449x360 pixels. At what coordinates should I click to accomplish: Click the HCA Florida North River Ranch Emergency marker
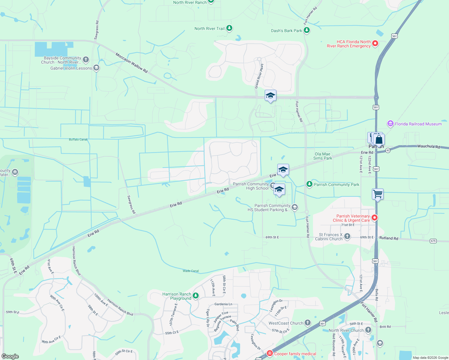(x=375, y=44)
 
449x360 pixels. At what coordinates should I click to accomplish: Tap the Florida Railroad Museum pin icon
(x=390, y=124)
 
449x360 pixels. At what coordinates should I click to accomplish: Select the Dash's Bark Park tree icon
(x=306, y=30)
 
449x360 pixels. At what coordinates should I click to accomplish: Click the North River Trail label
(x=209, y=28)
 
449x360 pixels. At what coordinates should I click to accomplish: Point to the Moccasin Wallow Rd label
(x=131, y=63)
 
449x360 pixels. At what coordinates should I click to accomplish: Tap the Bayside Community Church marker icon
(x=86, y=60)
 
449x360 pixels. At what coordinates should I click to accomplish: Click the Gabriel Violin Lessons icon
(x=96, y=68)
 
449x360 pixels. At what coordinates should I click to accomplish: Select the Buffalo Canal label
(x=78, y=139)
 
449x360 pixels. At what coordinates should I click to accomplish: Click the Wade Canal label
(x=191, y=271)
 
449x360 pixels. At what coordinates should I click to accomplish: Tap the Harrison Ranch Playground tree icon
(x=196, y=296)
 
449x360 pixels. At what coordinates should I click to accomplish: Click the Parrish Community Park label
(x=336, y=184)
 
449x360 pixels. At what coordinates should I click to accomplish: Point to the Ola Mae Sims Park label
(x=323, y=156)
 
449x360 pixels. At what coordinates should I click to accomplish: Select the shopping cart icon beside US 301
(x=378, y=194)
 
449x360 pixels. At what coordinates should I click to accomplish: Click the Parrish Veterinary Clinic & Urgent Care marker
(x=375, y=218)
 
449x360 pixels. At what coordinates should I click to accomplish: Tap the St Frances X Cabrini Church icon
(x=347, y=236)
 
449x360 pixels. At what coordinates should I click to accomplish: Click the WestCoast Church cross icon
(x=308, y=323)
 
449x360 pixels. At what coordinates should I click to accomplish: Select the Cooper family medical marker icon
(x=270, y=353)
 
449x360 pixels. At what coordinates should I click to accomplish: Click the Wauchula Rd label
(x=428, y=146)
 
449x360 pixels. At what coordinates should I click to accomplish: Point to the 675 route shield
(x=433, y=241)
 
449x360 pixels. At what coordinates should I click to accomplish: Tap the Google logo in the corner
(x=10, y=356)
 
